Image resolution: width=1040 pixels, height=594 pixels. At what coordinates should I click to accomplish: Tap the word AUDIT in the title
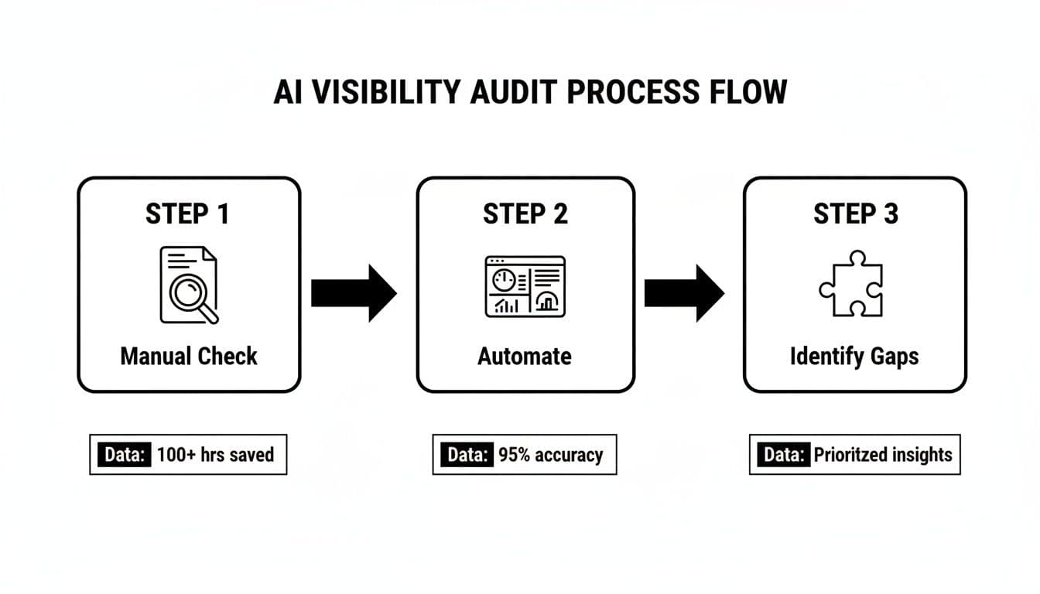516,92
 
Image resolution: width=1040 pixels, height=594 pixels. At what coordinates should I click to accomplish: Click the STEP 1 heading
187,214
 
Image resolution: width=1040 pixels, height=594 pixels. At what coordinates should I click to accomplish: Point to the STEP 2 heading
525,214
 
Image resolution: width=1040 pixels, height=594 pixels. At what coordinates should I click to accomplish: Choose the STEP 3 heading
855,214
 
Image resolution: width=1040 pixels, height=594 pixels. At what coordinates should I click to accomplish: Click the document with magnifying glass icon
188,285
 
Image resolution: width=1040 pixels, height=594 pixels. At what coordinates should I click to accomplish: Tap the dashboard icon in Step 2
525,286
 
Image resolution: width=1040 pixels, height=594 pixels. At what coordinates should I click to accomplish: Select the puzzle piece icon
851,284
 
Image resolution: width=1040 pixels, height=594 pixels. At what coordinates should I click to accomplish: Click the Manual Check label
188,357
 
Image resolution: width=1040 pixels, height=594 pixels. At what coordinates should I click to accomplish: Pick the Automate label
525,357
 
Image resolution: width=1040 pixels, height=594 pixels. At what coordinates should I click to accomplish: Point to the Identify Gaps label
854,357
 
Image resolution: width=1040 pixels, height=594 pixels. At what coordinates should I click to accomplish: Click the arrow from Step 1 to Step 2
353,293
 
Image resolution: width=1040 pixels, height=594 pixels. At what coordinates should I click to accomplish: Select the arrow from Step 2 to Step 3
684,293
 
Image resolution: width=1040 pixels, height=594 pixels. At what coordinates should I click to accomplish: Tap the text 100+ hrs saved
215,454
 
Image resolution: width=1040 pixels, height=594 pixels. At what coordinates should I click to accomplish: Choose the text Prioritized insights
882,454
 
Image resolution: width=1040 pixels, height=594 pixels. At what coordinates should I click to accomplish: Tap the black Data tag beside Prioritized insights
781,454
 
